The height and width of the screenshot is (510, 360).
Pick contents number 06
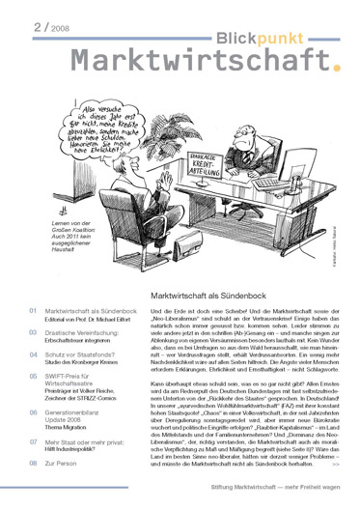(33, 426)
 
